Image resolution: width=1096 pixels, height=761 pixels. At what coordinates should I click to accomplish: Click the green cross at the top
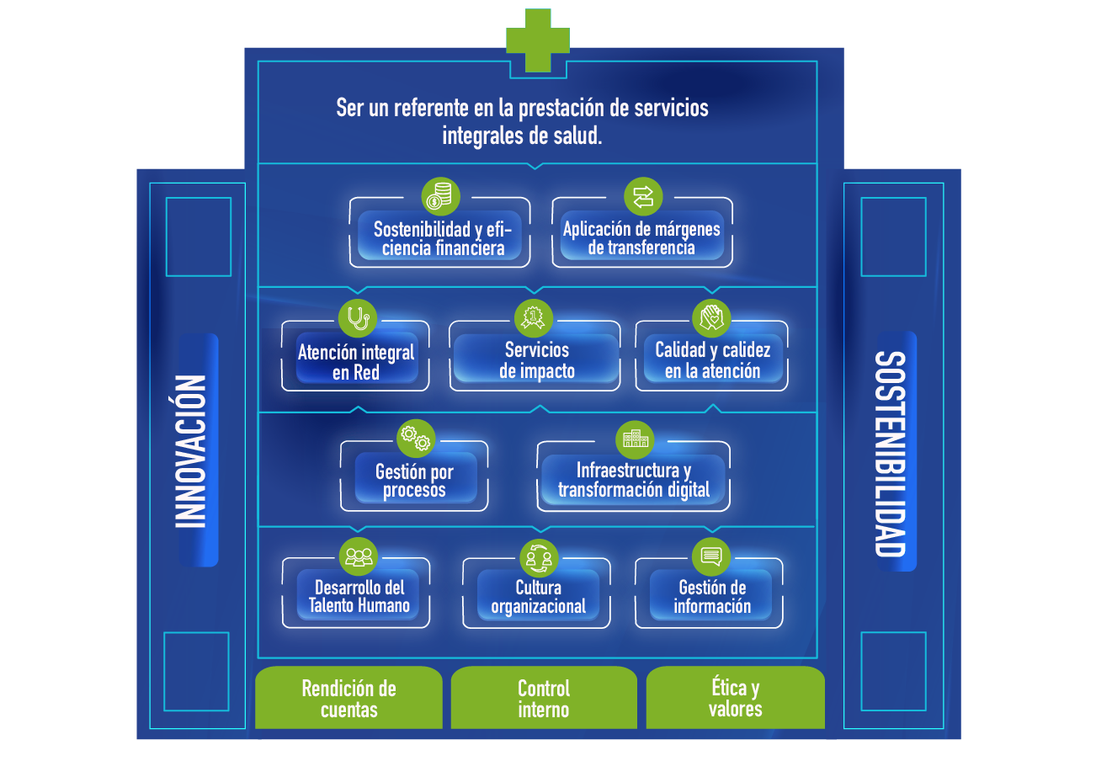click(x=538, y=40)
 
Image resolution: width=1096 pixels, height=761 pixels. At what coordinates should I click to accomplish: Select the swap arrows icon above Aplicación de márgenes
click(x=643, y=197)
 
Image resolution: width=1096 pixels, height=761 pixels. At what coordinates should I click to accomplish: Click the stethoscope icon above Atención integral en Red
click(x=358, y=319)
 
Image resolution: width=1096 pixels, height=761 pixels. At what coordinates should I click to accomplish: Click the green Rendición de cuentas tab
click(x=348, y=698)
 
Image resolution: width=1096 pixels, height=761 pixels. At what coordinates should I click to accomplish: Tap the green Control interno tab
click(x=544, y=698)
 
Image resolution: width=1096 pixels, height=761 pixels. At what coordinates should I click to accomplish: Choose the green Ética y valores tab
click(x=735, y=698)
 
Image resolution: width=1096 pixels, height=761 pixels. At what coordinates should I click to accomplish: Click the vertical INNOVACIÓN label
click(x=191, y=451)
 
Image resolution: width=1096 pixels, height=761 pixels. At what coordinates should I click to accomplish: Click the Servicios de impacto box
click(x=536, y=359)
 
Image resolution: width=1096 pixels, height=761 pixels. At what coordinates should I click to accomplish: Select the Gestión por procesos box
click(x=414, y=481)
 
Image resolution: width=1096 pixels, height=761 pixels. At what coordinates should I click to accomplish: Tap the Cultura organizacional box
click(x=539, y=596)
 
